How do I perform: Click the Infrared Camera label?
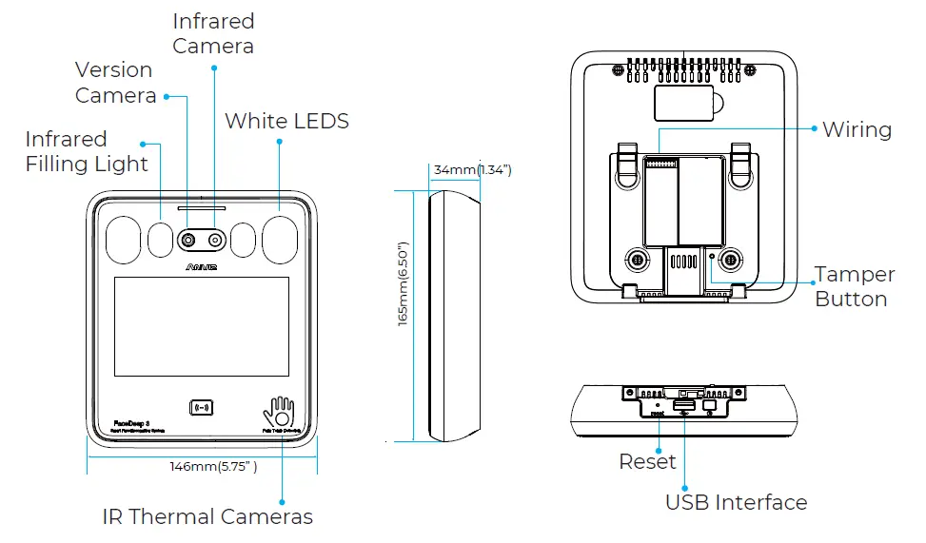pyautogui.click(x=213, y=33)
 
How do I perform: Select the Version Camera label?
pyautogui.click(x=115, y=83)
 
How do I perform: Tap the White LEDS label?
pyautogui.click(x=286, y=122)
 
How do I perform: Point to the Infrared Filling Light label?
pyautogui.click(x=87, y=151)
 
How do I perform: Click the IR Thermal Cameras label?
pyautogui.click(x=207, y=517)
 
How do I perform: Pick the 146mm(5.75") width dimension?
pyautogui.click(x=213, y=467)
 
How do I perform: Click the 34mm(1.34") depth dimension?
pyautogui.click(x=472, y=170)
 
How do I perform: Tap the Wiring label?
pyautogui.click(x=857, y=129)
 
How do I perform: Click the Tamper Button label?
pyautogui.click(x=854, y=286)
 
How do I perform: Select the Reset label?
pyautogui.click(x=647, y=462)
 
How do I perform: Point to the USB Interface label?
pyautogui.click(x=736, y=502)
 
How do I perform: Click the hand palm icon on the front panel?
pyautogui.click(x=280, y=413)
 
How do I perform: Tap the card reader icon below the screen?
pyautogui.click(x=201, y=407)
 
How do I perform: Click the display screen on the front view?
pyautogui.click(x=201, y=326)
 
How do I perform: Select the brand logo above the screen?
pyautogui.click(x=201, y=268)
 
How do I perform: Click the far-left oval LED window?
pyautogui.click(x=122, y=239)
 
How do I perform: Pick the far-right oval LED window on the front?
pyautogui.click(x=280, y=239)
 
